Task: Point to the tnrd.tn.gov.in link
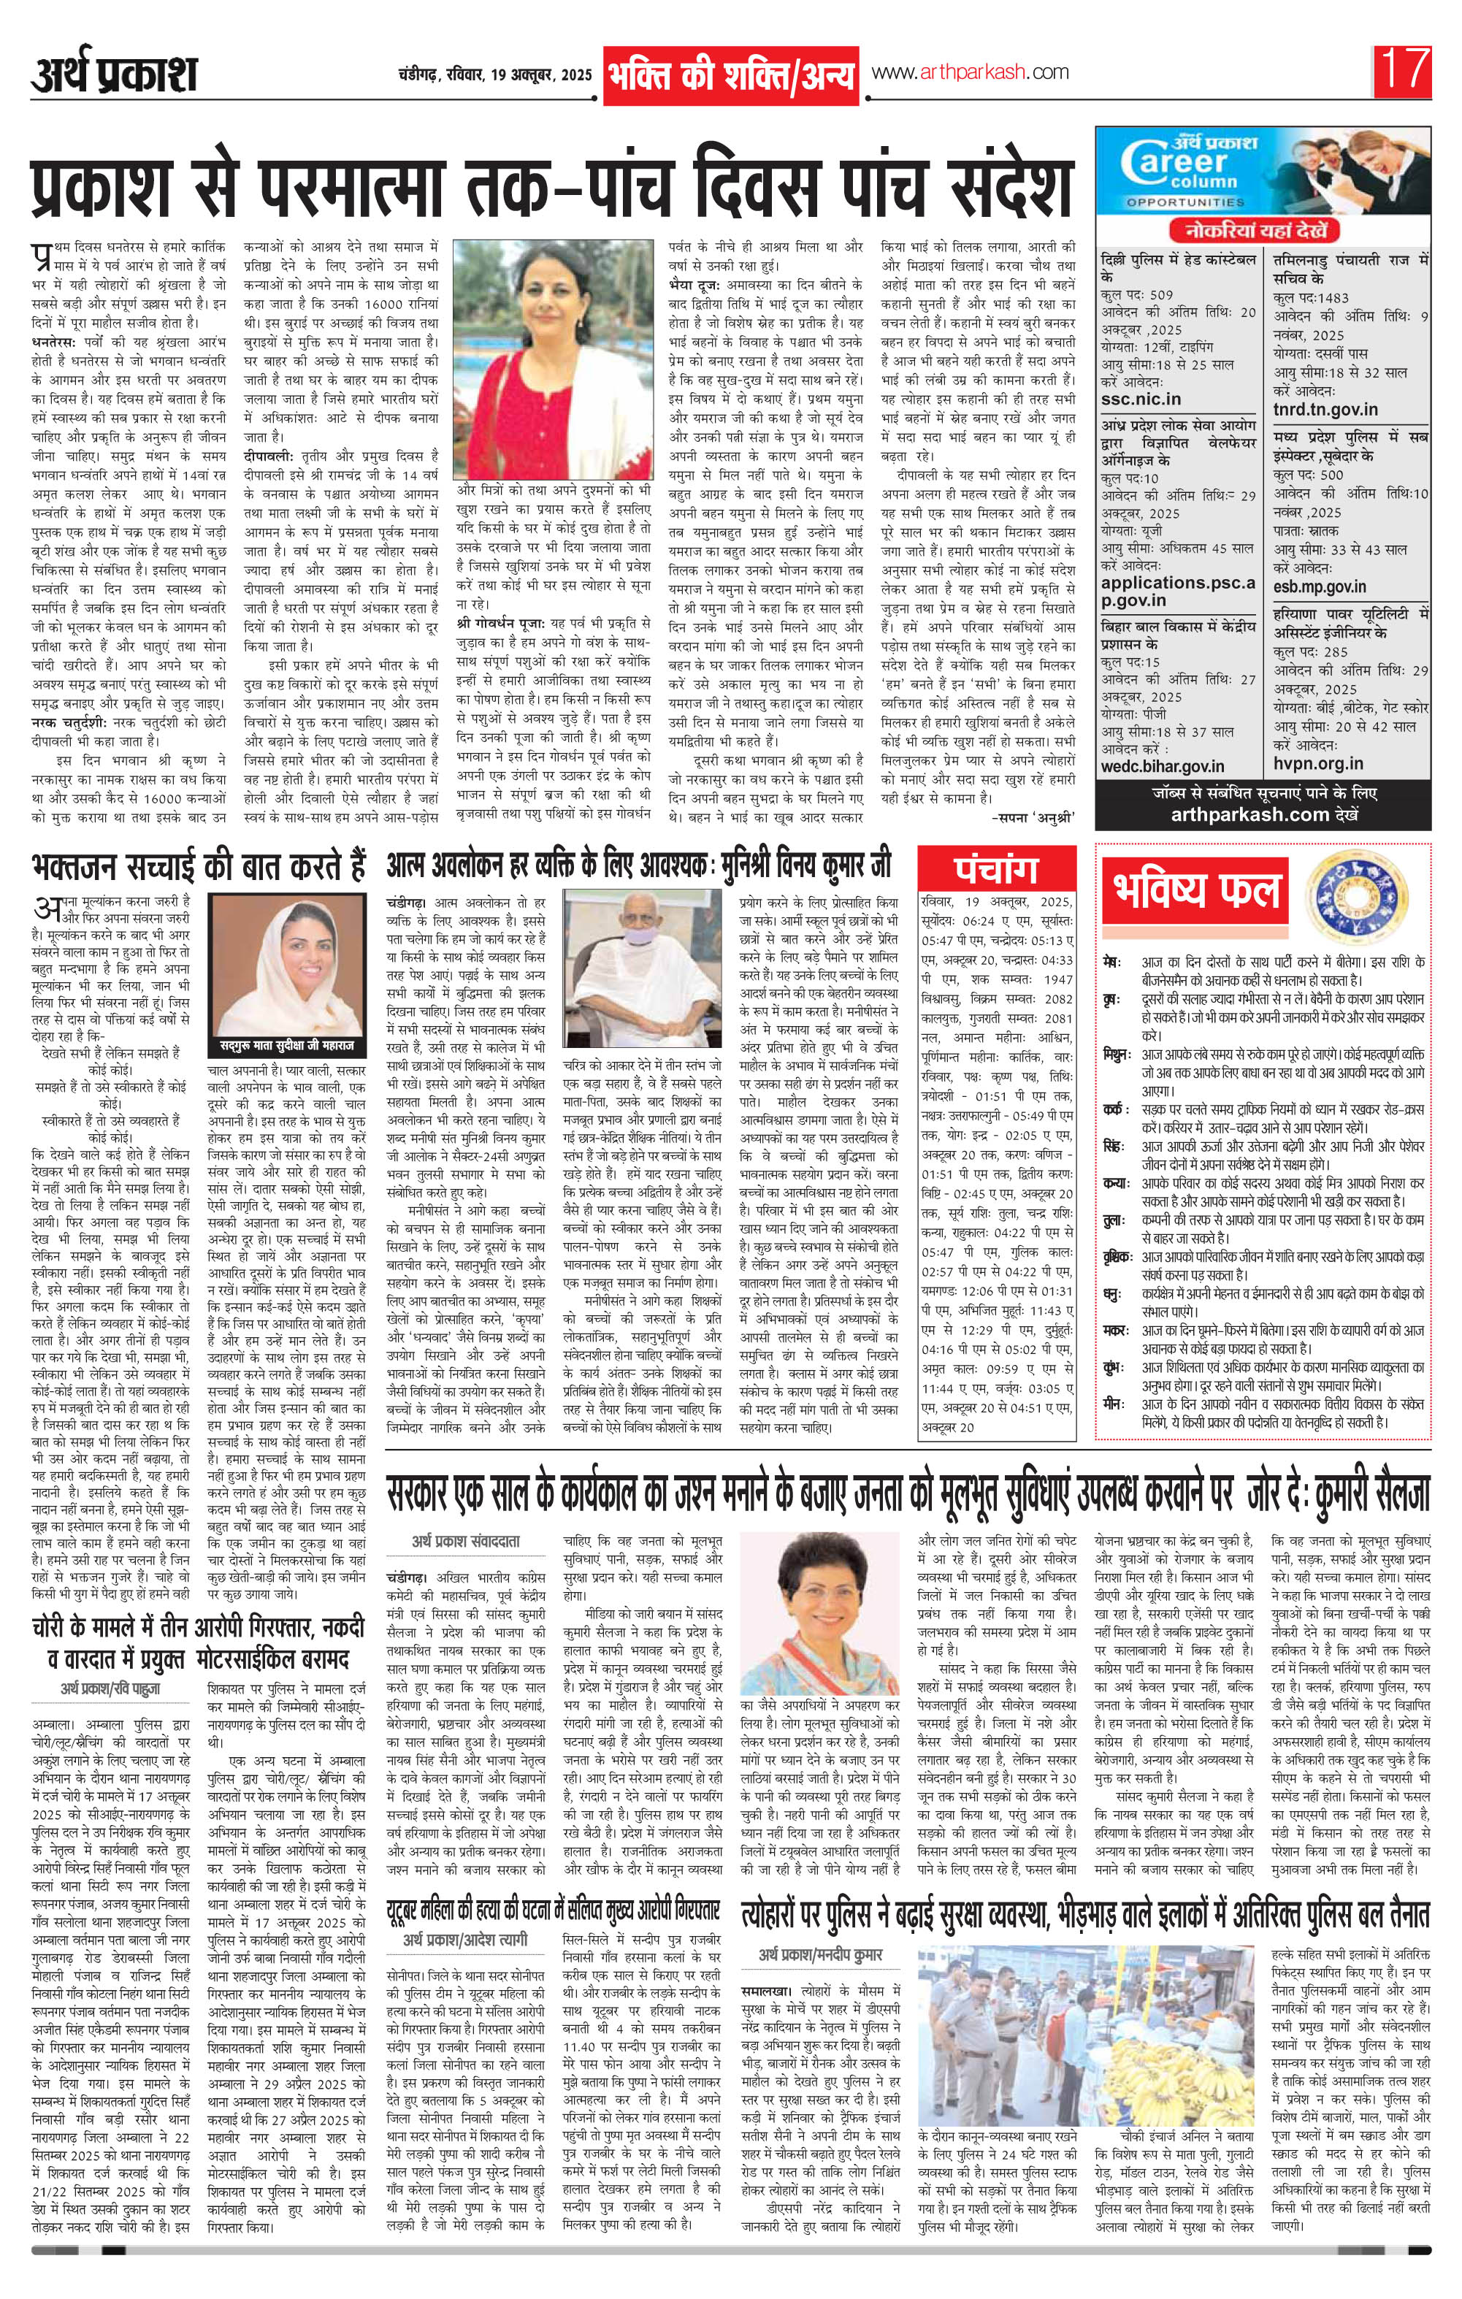[1325, 409]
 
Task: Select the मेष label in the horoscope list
[1111, 960]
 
